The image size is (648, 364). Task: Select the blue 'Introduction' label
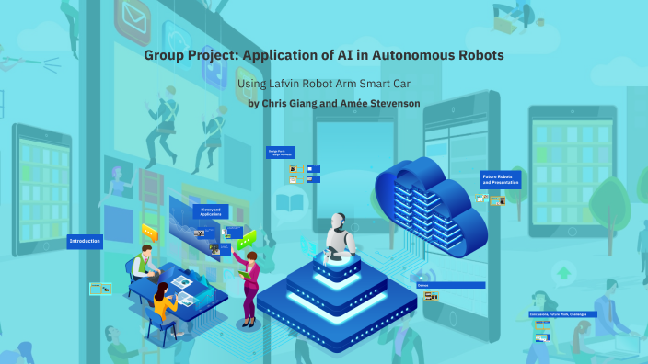[x=84, y=242]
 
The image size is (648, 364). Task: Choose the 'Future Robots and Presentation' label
[x=500, y=180]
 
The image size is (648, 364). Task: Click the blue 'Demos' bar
[x=450, y=285]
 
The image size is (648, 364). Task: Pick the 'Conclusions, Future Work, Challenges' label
[x=562, y=314]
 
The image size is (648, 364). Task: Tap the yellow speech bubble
[x=149, y=231]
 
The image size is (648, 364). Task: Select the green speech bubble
[x=246, y=241]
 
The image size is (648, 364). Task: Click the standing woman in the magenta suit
[x=249, y=285]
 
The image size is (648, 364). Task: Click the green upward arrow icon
[x=563, y=272]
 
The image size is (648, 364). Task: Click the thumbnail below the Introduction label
[x=100, y=289]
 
